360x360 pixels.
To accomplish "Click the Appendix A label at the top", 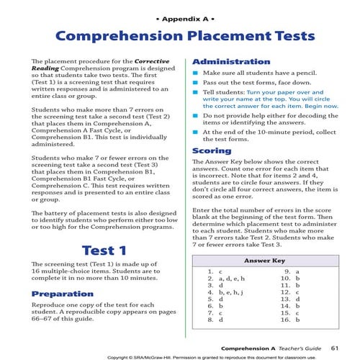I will coord(180,15).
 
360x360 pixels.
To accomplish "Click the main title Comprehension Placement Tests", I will coord(180,37).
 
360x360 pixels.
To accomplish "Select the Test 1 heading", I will coord(104,251).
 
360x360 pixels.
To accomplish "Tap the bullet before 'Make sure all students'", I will coord(194,73).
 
